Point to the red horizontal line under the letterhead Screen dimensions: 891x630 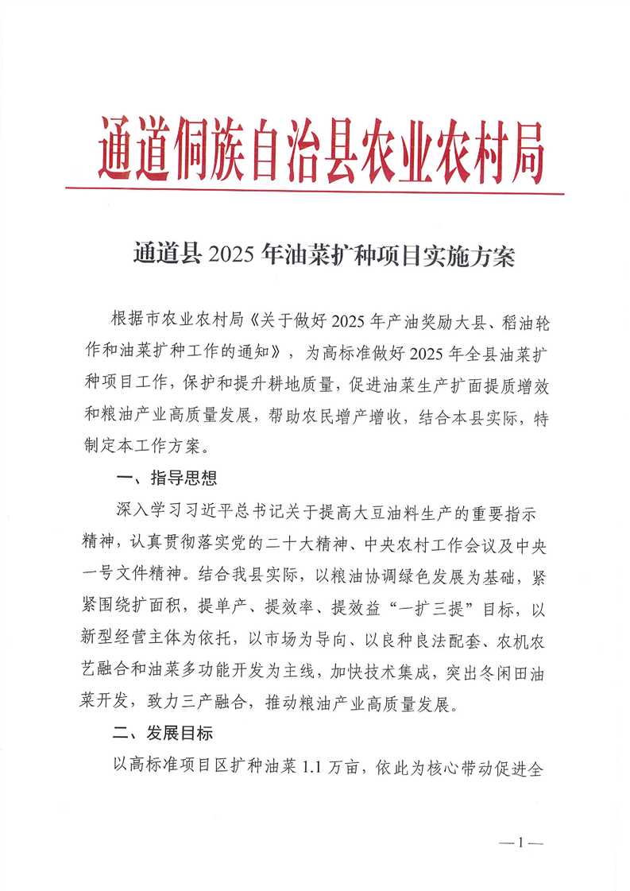click(x=315, y=191)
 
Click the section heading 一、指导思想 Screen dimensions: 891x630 click(x=164, y=478)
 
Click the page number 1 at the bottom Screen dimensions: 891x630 click(x=520, y=843)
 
